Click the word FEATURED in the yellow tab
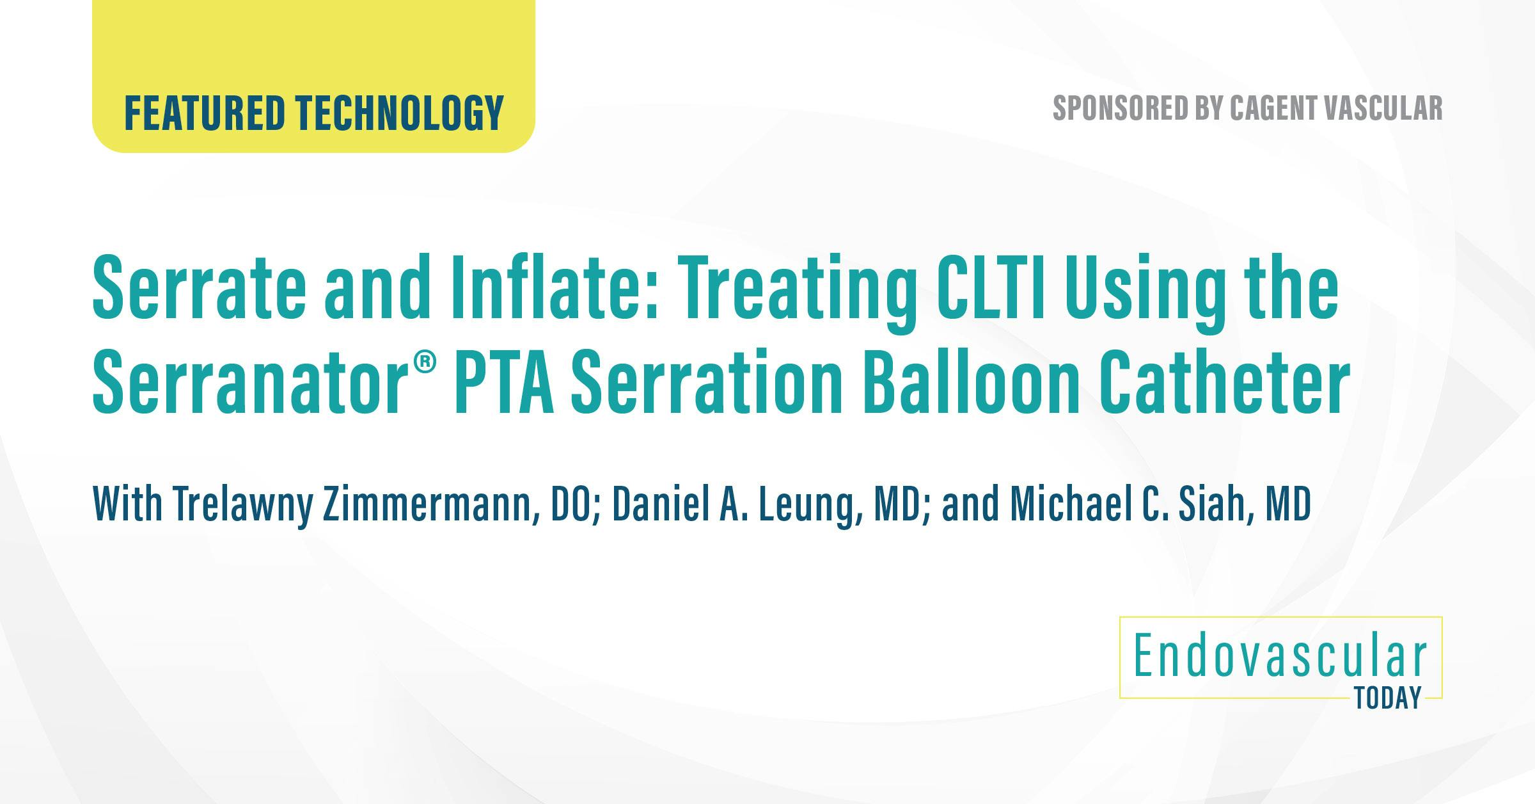pyautogui.click(x=204, y=113)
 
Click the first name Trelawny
pyautogui.click(x=242, y=506)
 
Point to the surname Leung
pyautogui.click(x=804, y=506)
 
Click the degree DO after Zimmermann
pyautogui.click(x=575, y=506)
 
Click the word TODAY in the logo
pyautogui.click(x=1388, y=698)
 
